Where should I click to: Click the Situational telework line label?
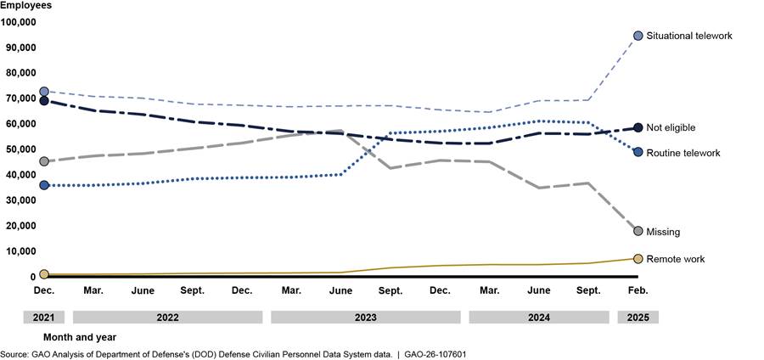[688, 36]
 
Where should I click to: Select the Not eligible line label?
[671, 127]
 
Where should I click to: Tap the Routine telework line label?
[683, 153]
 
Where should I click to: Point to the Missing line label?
[663, 232]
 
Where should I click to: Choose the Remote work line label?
[676, 259]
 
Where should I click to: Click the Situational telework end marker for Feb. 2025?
[638, 36]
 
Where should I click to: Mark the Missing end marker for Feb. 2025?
[638, 231]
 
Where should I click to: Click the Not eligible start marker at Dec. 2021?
[44, 101]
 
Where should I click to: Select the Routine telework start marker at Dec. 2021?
[44, 185]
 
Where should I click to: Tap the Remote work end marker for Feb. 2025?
[638, 258]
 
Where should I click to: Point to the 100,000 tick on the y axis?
[18, 22]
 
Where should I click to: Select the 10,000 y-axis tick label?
[20, 251]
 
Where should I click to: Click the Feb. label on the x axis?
[638, 291]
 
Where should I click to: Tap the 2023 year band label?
[366, 318]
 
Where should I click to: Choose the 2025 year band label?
[638, 318]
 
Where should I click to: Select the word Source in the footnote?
[14, 354]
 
